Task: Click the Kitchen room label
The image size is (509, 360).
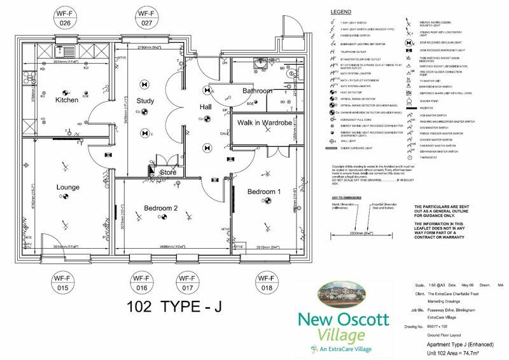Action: point(66,100)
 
